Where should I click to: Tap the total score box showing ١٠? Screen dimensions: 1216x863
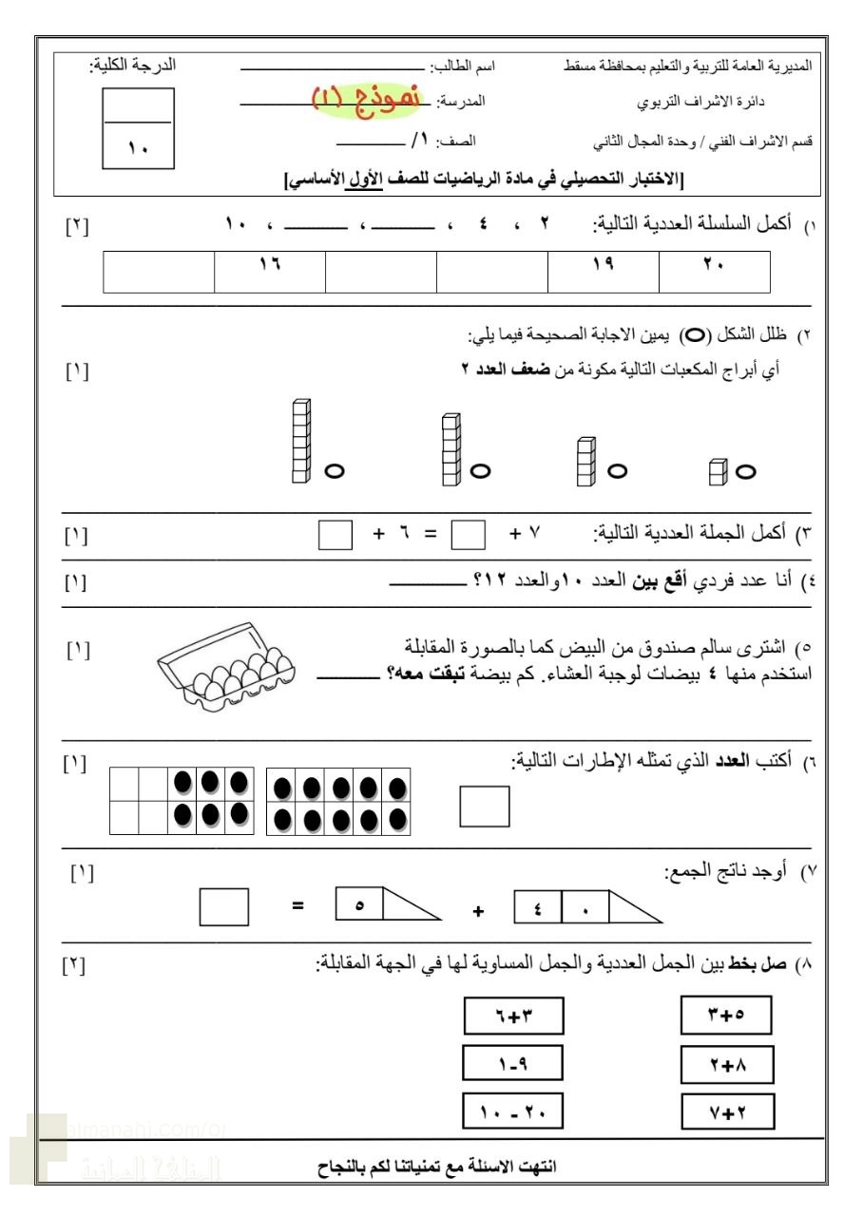137,129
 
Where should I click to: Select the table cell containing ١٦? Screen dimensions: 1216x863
270,272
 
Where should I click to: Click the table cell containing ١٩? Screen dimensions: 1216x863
603,272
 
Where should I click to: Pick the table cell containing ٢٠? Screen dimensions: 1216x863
714,272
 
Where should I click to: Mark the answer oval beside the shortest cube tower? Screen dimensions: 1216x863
745,470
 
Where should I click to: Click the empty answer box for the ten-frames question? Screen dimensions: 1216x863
484,806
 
